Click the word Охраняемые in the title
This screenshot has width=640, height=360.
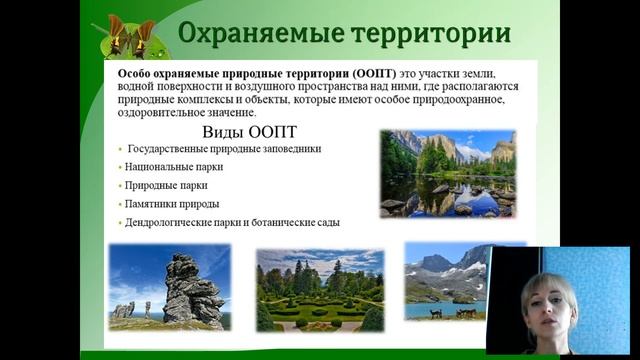click(x=256, y=34)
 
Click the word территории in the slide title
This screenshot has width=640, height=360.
click(x=430, y=34)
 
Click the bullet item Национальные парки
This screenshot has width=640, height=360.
click(x=174, y=167)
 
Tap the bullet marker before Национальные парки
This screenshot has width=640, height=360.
click(x=119, y=168)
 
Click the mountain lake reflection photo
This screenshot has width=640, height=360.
click(x=447, y=173)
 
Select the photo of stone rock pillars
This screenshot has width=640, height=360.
click(x=169, y=287)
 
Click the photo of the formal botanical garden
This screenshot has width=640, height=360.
click(x=319, y=290)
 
